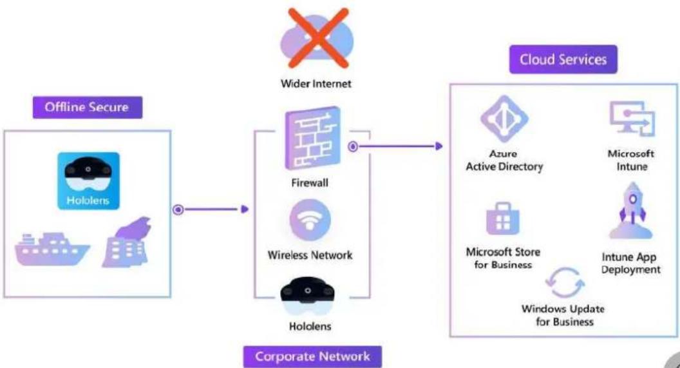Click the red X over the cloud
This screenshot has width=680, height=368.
[318, 38]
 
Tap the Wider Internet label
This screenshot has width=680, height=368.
[316, 83]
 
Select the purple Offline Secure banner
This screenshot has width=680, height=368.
[87, 107]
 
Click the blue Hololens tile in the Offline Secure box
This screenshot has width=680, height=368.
[88, 180]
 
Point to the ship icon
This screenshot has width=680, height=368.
[52, 249]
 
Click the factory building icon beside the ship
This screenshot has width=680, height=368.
[127, 242]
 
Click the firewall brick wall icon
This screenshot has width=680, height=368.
[312, 139]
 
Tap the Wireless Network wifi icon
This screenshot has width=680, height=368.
[310, 220]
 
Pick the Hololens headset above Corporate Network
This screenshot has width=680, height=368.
[307, 296]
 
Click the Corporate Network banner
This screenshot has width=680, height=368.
[313, 356]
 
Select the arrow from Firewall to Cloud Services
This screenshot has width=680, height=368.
[395, 147]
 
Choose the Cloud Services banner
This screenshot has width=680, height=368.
[563, 59]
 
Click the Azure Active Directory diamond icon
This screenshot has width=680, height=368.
[504, 119]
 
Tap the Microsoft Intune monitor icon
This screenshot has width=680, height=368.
[632, 119]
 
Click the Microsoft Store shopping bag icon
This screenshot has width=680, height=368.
[503, 218]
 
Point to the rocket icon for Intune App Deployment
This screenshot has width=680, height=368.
[632, 211]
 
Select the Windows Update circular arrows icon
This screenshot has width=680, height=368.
[565, 282]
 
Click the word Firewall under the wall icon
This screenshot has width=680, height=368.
[310, 182]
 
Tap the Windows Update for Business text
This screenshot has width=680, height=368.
[564, 315]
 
